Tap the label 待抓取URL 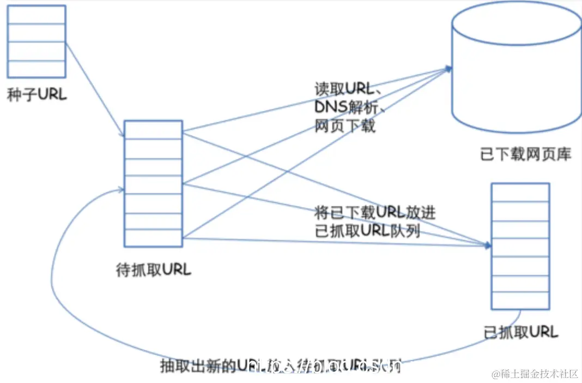pos(154,270)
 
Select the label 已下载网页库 pos(525,155)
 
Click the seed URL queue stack pos(37,41)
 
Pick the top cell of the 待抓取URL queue pos(153,130)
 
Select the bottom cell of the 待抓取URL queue pos(153,238)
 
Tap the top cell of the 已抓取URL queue pos(520,193)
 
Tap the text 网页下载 pos(345,126)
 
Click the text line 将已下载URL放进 pos(375,212)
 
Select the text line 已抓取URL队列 pos(367,230)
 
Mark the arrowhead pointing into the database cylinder pos(448,68)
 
